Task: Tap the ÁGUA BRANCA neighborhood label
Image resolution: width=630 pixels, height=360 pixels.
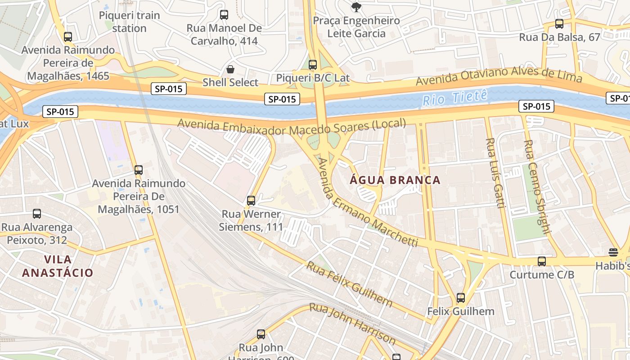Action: pos(395,180)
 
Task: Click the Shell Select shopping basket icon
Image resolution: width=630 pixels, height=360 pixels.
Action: pos(230,69)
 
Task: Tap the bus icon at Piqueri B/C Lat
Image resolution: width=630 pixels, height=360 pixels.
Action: pos(313,65)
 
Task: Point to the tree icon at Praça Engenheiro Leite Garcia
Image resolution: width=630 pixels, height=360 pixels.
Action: pos(356,7)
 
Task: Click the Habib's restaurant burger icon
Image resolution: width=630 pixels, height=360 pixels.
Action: pos(613,252)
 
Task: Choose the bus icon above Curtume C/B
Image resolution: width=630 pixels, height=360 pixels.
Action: pos(542,261)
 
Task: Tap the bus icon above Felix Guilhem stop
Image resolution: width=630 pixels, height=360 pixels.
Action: pos(461,297)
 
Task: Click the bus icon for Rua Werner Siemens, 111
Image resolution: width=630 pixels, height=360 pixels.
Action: pos(251,200)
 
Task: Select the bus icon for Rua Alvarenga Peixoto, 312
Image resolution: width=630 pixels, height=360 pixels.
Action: pos(37,214)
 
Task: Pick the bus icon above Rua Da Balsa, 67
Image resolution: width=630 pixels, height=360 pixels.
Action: pos(559,24)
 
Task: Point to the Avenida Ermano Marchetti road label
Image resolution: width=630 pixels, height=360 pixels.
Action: pos(367,203)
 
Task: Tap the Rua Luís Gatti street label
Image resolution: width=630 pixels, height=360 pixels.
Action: pos(494,173)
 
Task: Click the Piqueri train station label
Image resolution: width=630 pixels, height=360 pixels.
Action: pos(129,22)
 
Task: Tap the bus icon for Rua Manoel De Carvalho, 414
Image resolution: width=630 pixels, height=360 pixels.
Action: pos(224,15)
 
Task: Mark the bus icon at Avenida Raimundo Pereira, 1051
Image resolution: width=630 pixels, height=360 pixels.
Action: pos(139,170)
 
